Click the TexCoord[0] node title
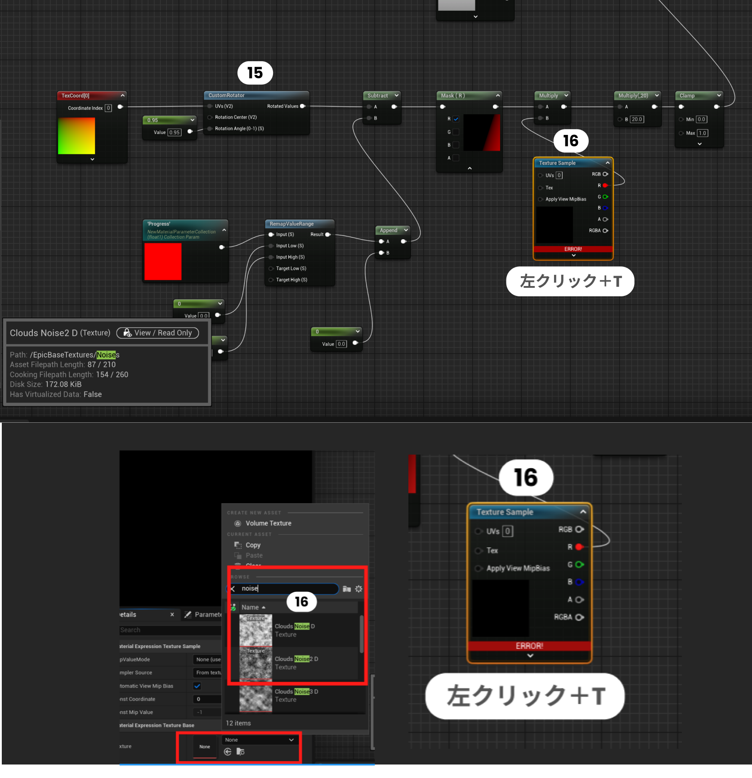click(x=76, y=96)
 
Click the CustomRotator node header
click(x=227, y=95)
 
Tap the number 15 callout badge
click(x=255, y=73)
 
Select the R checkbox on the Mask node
click(x=456, y=119)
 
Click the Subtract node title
click(x=377, y=96)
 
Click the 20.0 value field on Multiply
click(x=637, y=119)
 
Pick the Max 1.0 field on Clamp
click(x=702, y=133)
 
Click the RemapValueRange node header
click(x=292, y=224)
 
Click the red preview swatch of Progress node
click(x=163, y=261)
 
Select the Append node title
click(x=389, y=230)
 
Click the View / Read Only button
click(x=158, y=333)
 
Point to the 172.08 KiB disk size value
click(x=63, y=385)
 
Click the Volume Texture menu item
click(x=268, y=523)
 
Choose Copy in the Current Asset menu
click(x=253, y=545)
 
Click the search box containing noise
click(x=288, y=589)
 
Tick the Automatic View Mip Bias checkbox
click(x=197, y=686)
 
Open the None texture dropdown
click(x=260, y=740)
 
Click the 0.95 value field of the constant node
click(x=175, y=132)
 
